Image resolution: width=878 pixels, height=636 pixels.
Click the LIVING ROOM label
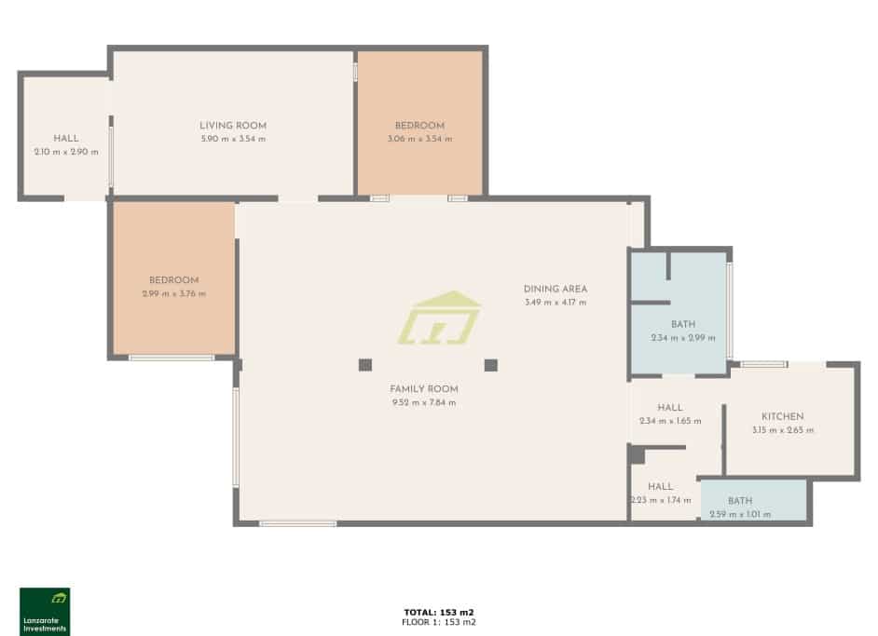(233, 126)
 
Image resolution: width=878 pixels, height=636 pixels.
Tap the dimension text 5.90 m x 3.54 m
(233, 139)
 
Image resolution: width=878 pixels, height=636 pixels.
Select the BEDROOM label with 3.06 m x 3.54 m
(419, 126)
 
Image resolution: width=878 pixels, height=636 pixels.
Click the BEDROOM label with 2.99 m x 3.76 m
(174, 280)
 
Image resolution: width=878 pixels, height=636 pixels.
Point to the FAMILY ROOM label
(424, 388)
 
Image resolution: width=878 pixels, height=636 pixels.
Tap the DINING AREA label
(556, 289)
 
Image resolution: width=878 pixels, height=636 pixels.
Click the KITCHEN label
(782, 416)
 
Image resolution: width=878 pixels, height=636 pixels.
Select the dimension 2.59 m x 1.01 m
(740, 514)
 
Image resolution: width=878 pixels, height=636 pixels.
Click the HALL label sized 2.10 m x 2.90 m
(66, 139)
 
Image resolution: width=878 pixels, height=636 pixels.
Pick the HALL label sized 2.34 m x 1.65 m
(669, 408)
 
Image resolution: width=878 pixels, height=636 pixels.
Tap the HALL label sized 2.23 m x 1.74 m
(661, 486)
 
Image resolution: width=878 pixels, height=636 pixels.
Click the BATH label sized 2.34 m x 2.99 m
(682, 324)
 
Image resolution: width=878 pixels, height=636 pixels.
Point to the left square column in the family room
(365, 364)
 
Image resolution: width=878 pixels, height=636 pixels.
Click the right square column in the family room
(491, 364)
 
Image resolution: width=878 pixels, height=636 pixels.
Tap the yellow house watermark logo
(439, 318)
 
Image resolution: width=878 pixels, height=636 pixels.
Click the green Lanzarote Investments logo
(45, 611)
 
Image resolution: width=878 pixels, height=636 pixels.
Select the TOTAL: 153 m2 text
(439, 612)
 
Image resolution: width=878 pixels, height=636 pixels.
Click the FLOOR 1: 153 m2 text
(439, 621)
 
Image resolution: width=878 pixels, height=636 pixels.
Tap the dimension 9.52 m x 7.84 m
(424, 402)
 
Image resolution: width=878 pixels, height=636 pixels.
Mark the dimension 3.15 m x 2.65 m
(782, 430)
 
